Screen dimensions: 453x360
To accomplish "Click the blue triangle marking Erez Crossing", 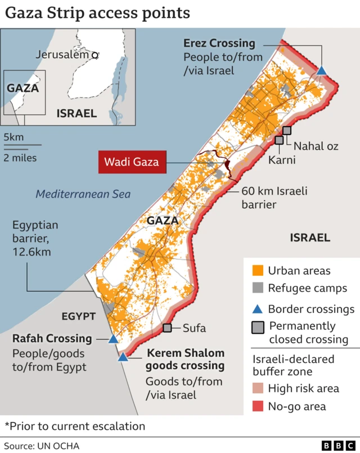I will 321,70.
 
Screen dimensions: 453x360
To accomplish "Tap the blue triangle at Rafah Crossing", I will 113,339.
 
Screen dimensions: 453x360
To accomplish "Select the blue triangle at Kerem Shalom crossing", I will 123,357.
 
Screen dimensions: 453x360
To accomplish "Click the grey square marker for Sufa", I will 167,328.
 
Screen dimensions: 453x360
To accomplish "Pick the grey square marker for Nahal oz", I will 287,131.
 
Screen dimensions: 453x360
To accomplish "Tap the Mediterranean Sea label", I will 83,194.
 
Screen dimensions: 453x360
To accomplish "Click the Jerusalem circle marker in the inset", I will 95,55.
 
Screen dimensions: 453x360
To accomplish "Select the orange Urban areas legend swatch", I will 258,270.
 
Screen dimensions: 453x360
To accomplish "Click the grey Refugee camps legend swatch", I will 258,289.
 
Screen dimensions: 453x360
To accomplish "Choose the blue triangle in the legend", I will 258,308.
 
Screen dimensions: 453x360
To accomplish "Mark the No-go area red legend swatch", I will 258,406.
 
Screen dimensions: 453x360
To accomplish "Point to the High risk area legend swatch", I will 258,388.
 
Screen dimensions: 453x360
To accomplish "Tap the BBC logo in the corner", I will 333,445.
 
